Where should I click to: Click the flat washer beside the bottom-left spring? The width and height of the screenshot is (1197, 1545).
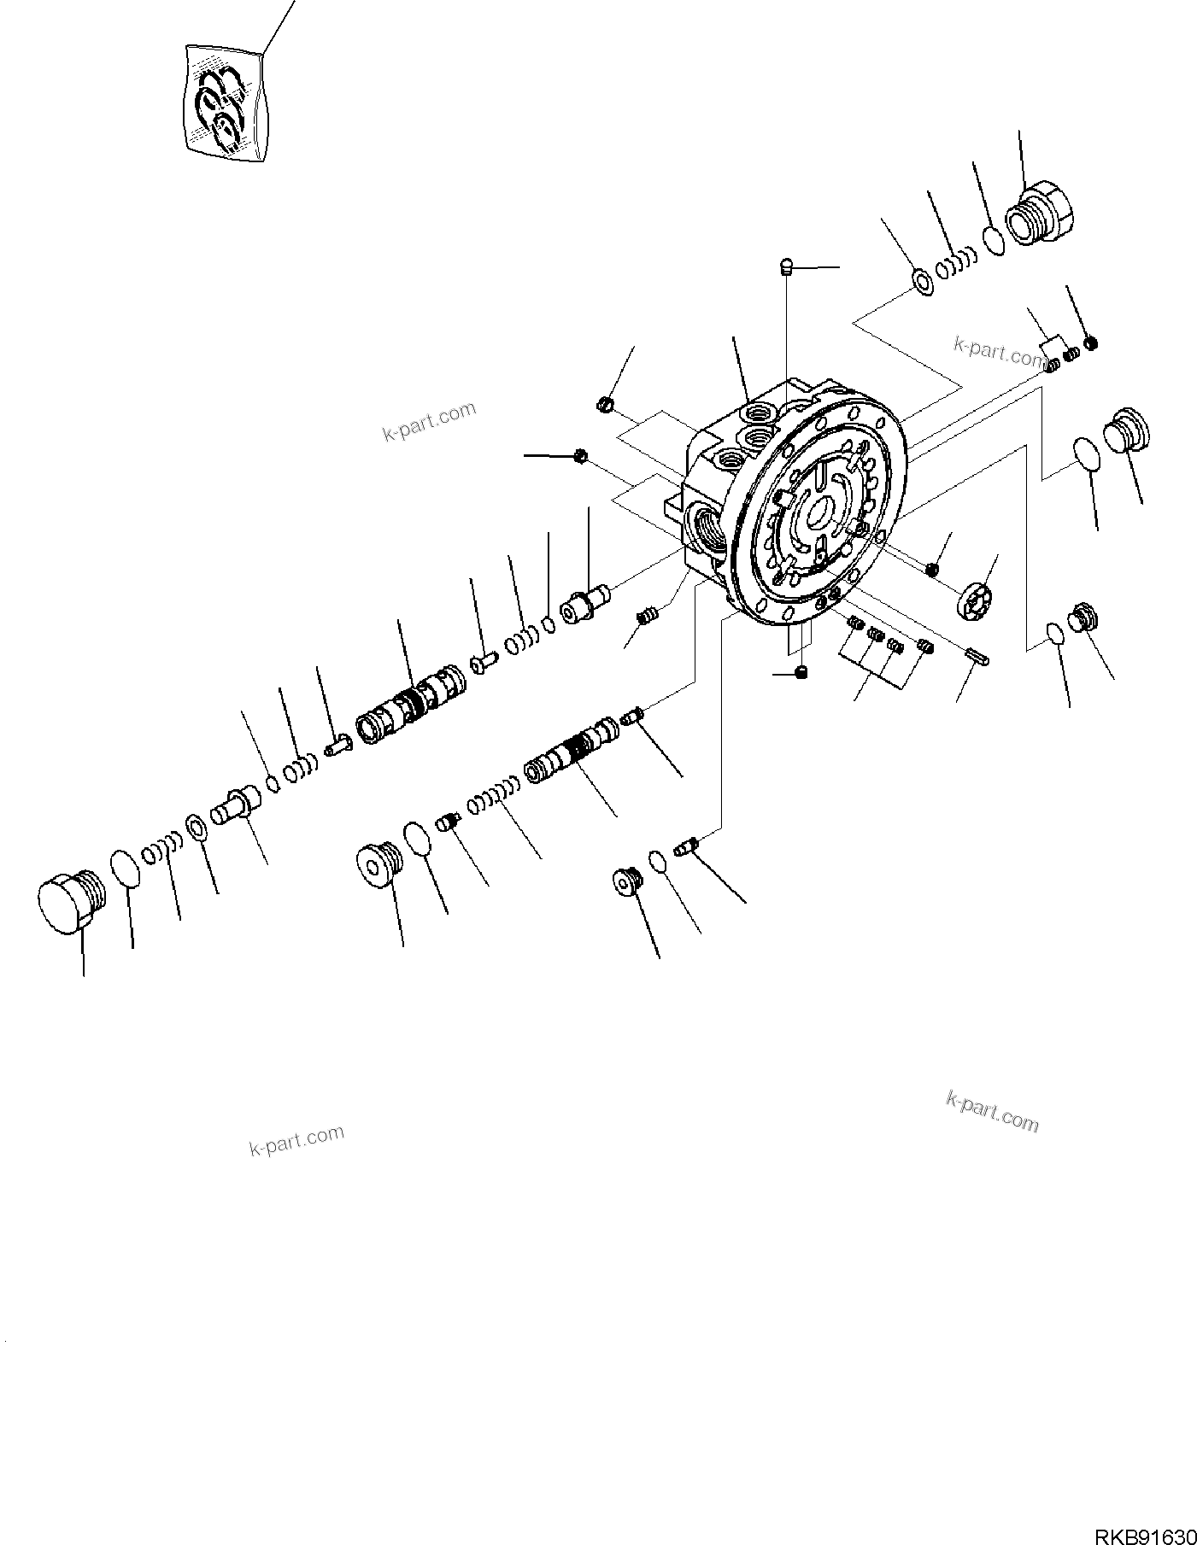pyautogui.click(x=196, y=826)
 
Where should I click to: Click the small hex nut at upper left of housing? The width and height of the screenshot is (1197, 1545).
pyautogui.click(x=603, y=402)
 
